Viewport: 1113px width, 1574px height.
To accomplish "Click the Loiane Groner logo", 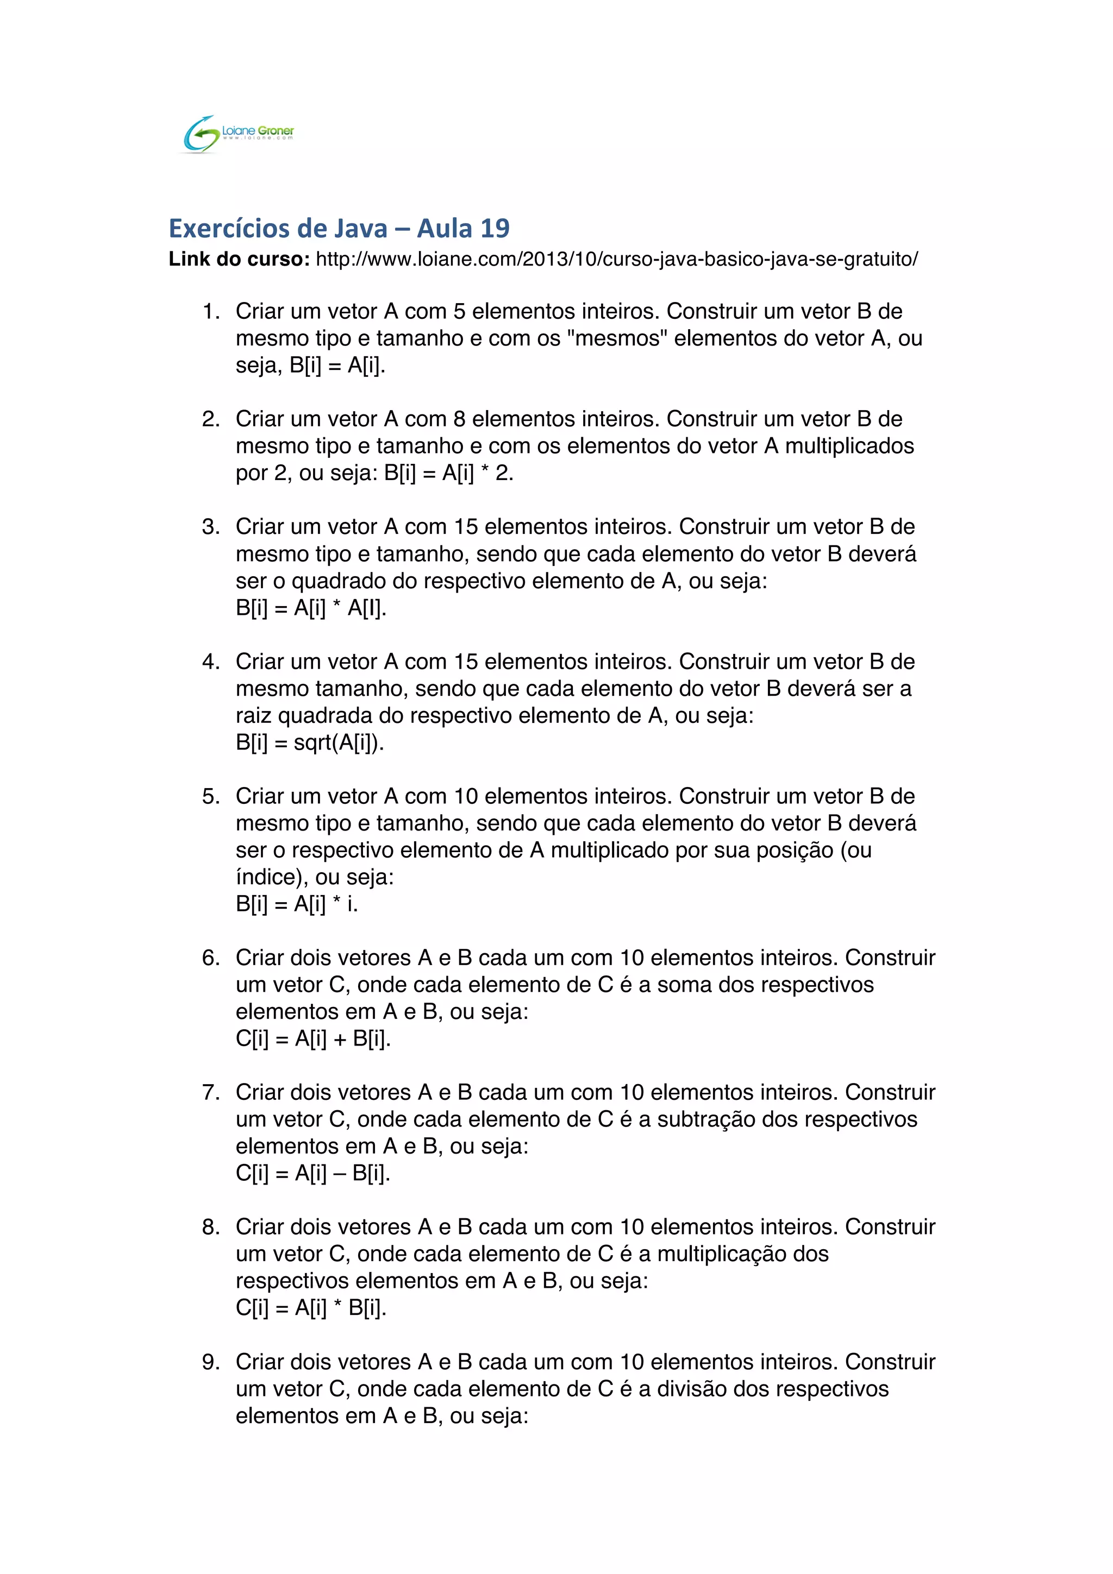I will coord(239,134).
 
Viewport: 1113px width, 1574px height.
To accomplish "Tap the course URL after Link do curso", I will coord(616,259).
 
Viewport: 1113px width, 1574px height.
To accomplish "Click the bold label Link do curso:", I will coord(239,259).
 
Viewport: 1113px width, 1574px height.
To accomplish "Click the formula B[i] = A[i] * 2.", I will coord(448,473).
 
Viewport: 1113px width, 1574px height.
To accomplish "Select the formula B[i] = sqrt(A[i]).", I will coord(309,742).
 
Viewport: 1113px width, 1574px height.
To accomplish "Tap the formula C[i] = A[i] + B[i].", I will coord(312,1038).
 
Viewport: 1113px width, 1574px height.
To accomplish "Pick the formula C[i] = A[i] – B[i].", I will coord(312,1173).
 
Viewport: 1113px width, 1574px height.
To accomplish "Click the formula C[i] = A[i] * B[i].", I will coord(311,1308).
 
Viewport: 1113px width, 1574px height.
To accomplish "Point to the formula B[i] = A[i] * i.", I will coord(296,904).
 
